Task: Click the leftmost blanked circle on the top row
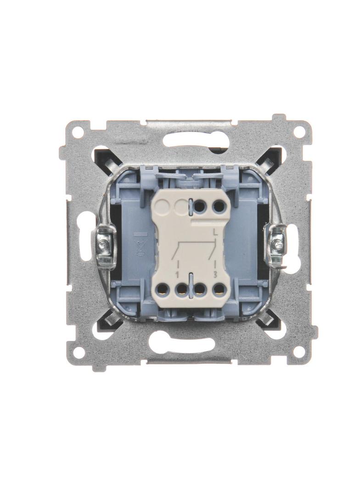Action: (x=163, y=206)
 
